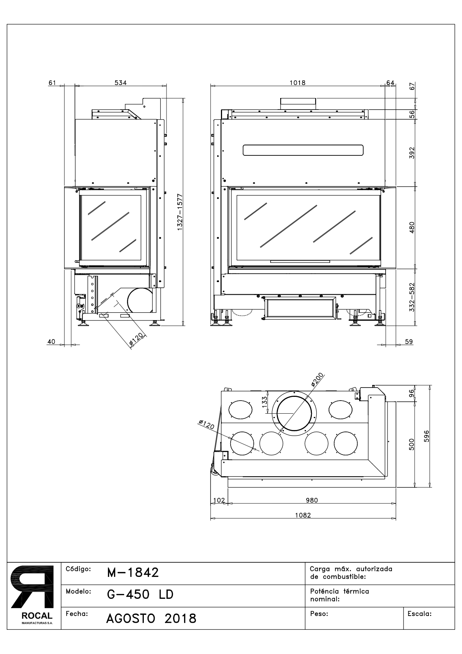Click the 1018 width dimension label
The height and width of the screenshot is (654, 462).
[297, 83]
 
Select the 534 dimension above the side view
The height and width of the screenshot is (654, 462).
[120, 83]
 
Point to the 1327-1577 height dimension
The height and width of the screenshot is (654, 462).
[180, 212]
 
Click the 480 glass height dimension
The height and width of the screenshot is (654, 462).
[412, 227]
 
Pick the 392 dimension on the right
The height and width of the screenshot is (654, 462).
[412, 153]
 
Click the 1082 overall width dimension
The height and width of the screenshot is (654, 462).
[303, 515]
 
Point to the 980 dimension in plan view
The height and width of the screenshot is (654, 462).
[311, 500]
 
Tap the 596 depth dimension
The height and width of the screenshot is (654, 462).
[427, 436]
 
